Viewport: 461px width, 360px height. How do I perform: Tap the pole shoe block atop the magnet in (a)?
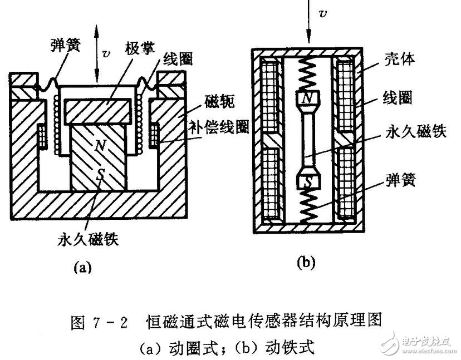point(98,110)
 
